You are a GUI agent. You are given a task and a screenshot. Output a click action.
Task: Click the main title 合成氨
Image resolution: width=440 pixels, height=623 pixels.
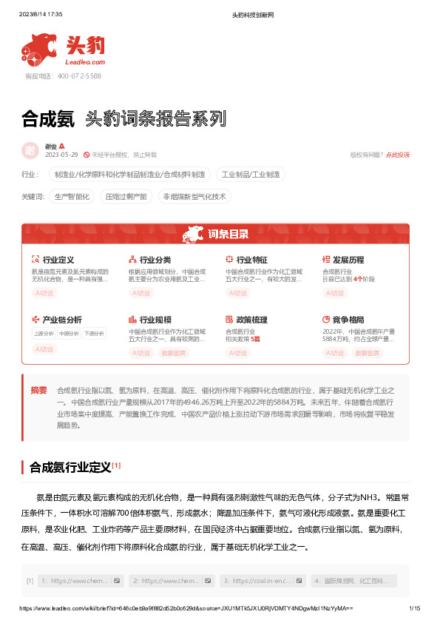point(48,118)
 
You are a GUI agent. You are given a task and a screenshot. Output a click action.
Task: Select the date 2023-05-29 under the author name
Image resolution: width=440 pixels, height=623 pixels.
point(61,155)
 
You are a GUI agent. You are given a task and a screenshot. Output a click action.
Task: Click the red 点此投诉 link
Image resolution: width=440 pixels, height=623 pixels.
point(398,155)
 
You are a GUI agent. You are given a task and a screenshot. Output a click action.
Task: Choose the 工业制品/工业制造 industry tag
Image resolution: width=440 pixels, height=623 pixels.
point(251,175)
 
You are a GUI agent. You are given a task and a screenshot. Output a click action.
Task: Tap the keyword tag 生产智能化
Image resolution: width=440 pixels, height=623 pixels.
point(72,197)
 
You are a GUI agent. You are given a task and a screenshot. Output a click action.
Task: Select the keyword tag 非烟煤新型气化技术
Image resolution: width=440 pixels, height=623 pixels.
point(194,197)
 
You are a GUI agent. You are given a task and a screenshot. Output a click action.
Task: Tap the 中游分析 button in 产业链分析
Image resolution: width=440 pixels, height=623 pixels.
point(69,333)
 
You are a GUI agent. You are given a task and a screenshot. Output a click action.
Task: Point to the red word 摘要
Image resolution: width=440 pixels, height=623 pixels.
point(38,390)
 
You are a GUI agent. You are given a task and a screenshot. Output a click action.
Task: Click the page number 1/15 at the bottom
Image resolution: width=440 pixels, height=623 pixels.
point(414,608)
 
